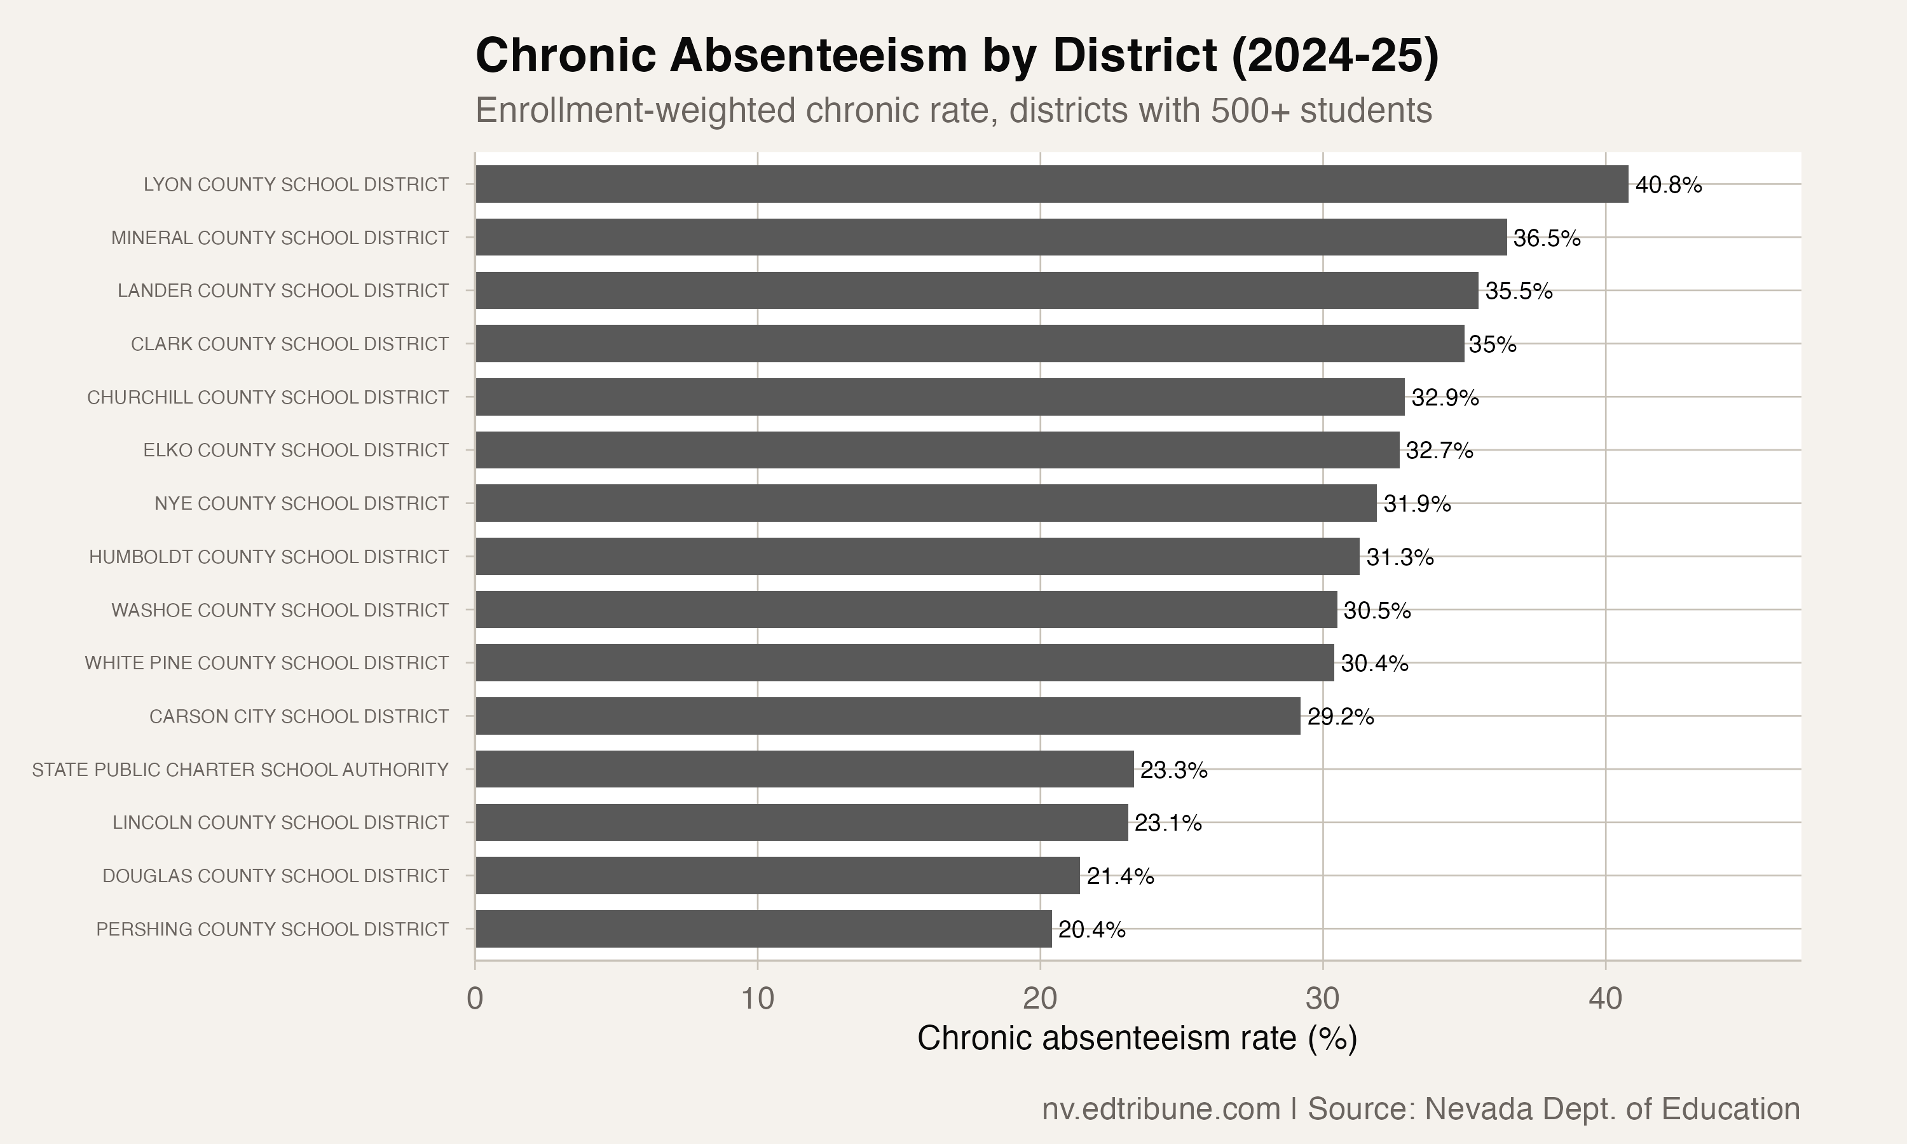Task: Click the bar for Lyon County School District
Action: click(x=1051, y=184)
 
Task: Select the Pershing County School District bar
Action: click(x=763, y=929)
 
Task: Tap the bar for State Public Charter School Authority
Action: click(x=804, y=770)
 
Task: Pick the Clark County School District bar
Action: click(x=969, y=344)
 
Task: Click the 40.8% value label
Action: click(x=1669, y=185)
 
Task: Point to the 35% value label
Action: click(x=1493, y=344)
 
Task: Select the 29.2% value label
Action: click(x=1341, y=717)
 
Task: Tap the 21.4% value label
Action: click(x=1120, y=876)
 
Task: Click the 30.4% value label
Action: click(x=1374, y=664)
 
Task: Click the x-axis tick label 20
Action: click(x=1040, y=999)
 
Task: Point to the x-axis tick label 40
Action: click(x=1606, y=999)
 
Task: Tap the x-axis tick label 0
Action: click(x=475, y=999)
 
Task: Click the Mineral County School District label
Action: click(x=280, y=238)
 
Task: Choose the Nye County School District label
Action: click(x=301, y=503)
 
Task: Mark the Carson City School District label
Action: click(x=298, y=717)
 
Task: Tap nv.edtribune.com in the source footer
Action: click(x=1161, y=1108)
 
